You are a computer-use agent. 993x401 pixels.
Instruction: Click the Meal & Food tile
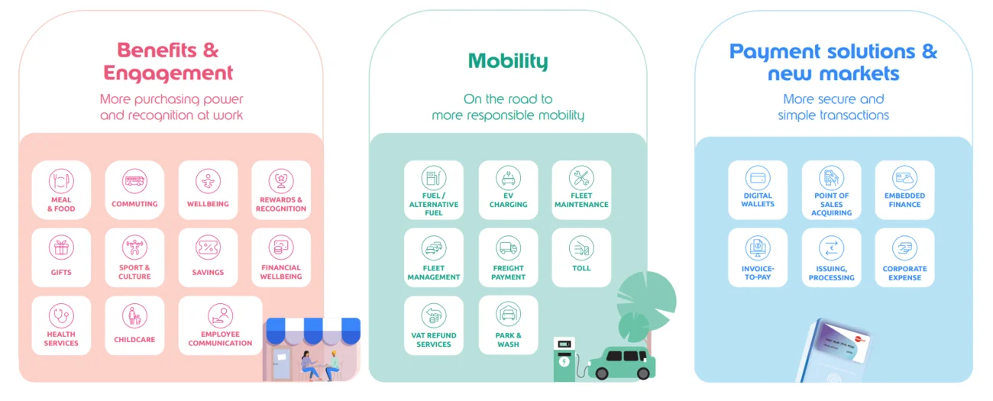pos(61,190)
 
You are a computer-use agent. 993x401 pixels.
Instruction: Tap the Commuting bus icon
pos(134,181)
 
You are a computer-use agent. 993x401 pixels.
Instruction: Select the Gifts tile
pos(61,257)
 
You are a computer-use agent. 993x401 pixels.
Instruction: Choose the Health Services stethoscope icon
pos(61,315)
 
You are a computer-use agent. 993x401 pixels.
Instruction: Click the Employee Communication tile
pos(220,325)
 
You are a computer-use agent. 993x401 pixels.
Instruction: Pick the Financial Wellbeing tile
pos(281,257)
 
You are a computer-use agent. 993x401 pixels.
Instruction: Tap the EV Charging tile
pos(508,190)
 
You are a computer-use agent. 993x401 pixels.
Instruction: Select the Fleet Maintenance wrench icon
pos(581,179)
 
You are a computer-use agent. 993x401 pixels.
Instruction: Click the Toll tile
pos(581,257)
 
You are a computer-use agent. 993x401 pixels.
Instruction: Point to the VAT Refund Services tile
pos(434,325)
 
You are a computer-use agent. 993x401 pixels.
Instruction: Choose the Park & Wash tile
pos(508,325)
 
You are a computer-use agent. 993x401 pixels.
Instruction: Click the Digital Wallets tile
pos(758,190)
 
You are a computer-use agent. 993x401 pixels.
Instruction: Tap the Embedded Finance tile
pos(904,190)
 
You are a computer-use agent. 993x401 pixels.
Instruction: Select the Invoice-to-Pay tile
pos(758,257)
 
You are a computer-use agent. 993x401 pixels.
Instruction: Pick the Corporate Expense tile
pos(904,257)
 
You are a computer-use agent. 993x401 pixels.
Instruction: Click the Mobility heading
pos(508,60)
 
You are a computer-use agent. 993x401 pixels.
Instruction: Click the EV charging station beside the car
pos(564,358)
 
